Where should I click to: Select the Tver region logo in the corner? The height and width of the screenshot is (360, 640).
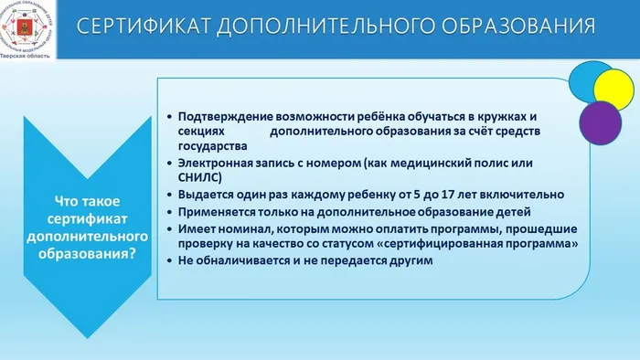pos(27,30)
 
